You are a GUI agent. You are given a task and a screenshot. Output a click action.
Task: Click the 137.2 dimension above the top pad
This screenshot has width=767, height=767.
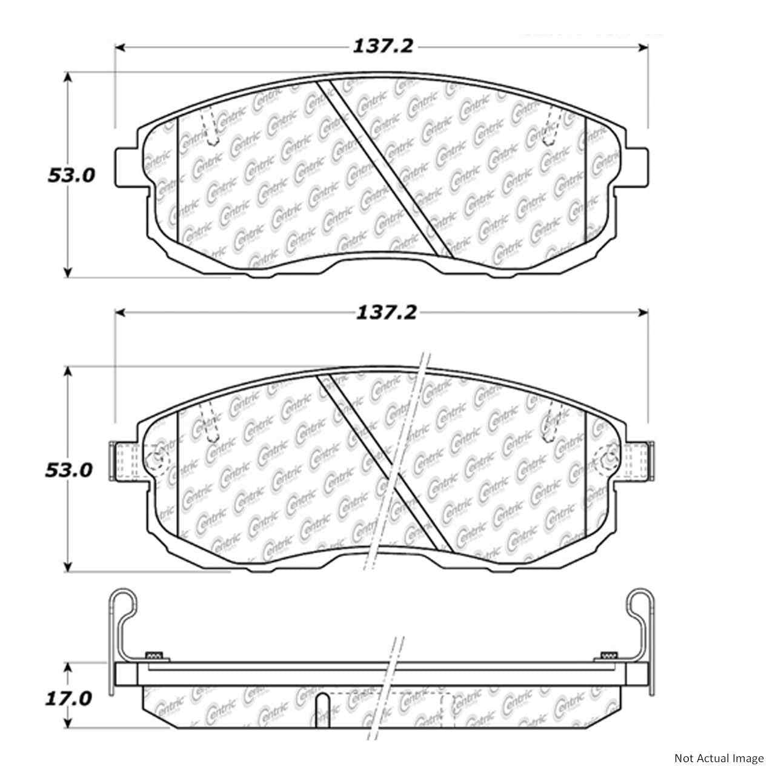pyautogui.click(x=383, y=47)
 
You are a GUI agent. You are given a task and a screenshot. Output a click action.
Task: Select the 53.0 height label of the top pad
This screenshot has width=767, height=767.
pyautogui.click(x=71, y=176)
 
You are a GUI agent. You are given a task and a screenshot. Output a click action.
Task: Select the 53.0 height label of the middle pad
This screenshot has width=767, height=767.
pyautogui.click(x=69, y=470)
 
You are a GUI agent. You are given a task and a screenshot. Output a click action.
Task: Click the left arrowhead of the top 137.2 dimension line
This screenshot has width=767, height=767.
pyautogui.click(x=119, y=47)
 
